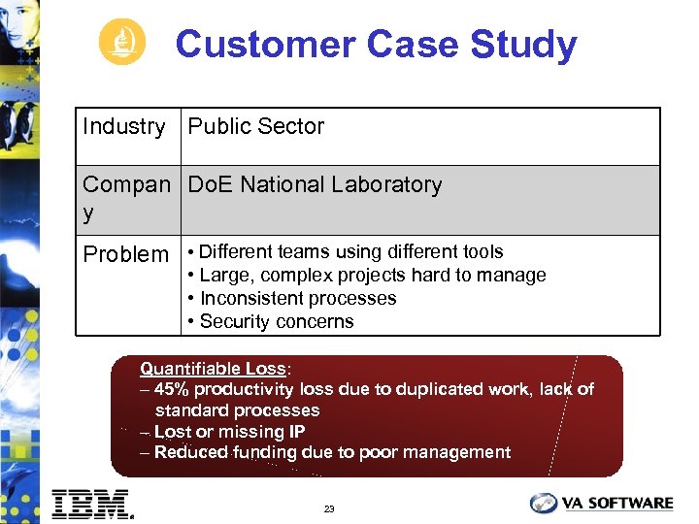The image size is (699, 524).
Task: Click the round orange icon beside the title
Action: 122,43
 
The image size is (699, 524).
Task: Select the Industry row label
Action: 124,126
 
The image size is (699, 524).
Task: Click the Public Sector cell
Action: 256,126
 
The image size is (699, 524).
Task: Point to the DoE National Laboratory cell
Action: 315,184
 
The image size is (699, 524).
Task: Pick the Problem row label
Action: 125,254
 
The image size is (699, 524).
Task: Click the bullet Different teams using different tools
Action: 350,251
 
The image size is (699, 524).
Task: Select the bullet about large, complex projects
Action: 373,275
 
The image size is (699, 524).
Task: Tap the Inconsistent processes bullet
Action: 298,298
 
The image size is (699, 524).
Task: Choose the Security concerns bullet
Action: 277,321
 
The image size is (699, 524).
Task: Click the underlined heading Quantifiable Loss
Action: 214,369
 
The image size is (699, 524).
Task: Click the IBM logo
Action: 92,503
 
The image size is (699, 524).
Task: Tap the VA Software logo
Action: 601,503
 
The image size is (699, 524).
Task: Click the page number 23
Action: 329,508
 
